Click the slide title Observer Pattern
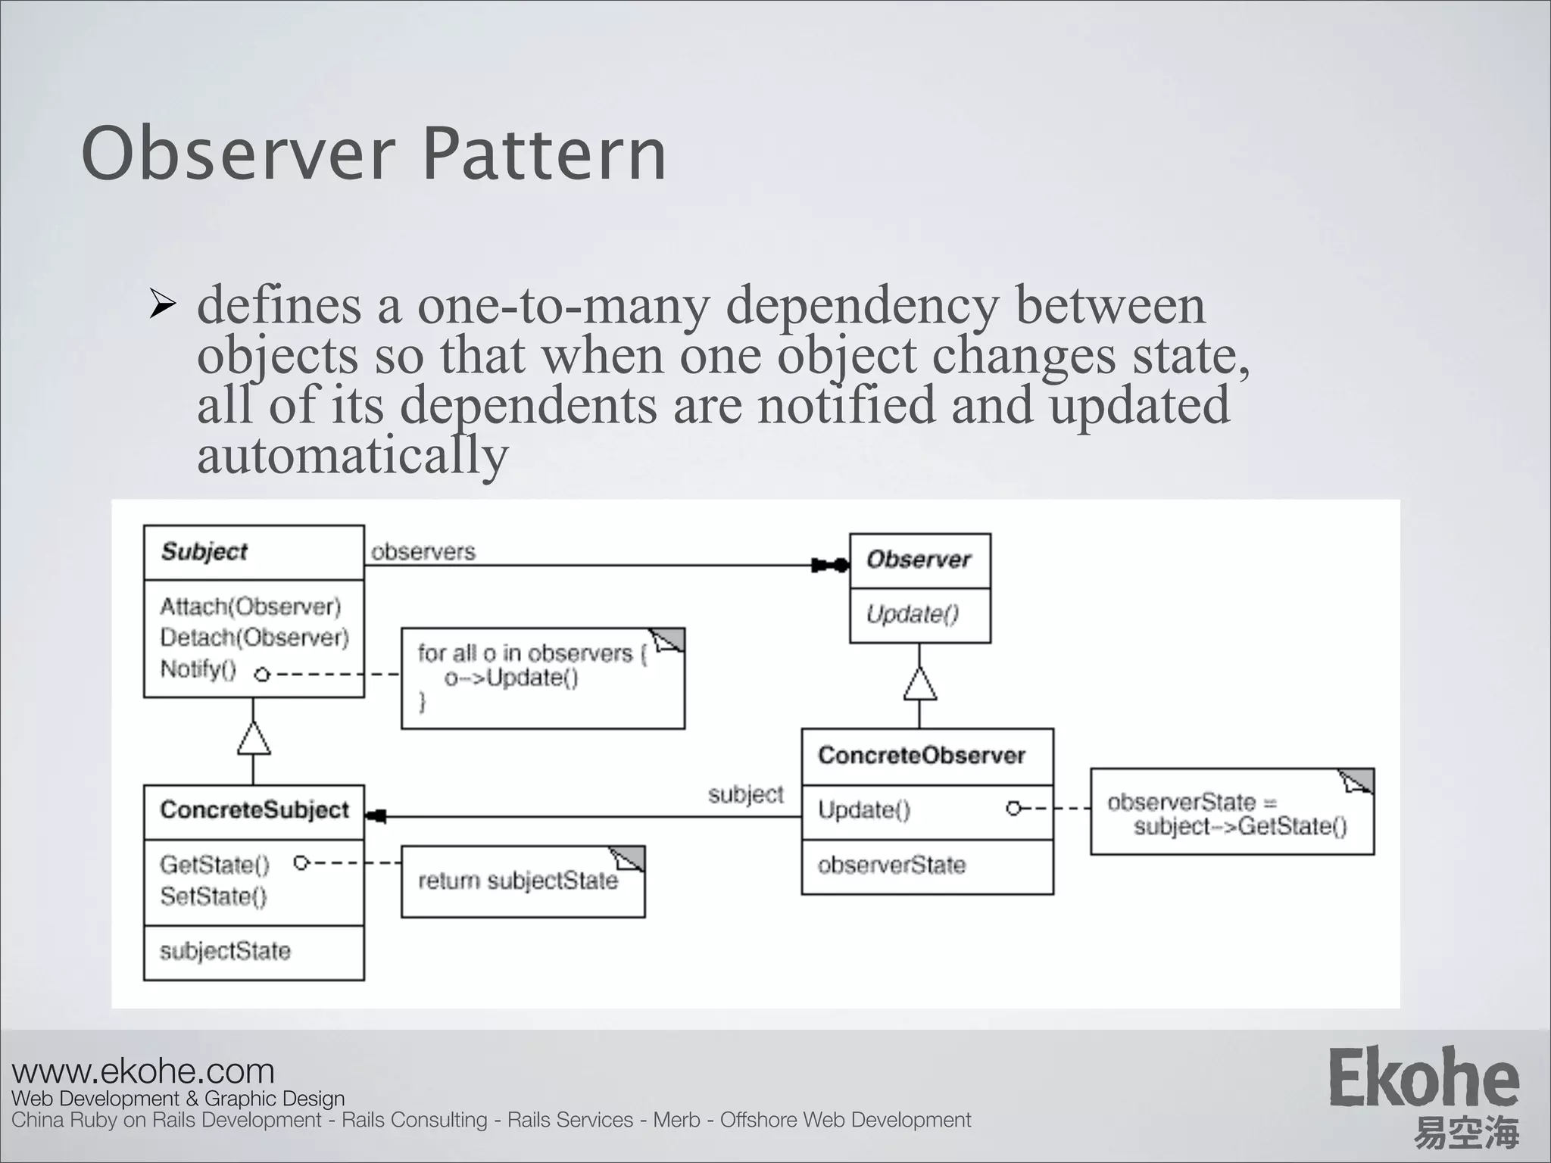tap(373, 155)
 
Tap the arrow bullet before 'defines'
tap(163, 305)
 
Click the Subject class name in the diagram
tap(204, 552)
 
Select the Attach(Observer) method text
tap(251, 606)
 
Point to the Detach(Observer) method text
tap(254, 638)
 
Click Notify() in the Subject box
tap(198, 669)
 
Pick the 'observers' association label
tap(423, 552)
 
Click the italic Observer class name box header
tap(919, 560)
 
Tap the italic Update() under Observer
tap(913, 614)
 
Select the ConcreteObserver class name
tap(922, 756)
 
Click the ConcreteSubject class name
tap(254, 810)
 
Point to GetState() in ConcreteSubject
tap(215, 865)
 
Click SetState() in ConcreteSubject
tap(214, 896)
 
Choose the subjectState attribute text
tap(225, 952)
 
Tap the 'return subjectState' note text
tap(518, 881)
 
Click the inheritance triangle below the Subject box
tap(254, 739)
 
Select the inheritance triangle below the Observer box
tap(919, 684)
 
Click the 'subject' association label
tap(746, 794)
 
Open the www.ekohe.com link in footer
tap(143, 1071)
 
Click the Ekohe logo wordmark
tap(1424, 1078)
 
